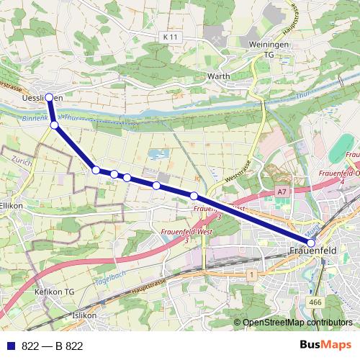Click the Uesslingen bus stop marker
click(49, 97)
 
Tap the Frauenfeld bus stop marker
click(311, 243)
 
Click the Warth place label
click(217, 75)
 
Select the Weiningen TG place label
click(269, 49)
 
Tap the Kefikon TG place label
click(55, 292)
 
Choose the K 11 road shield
click(170, 37)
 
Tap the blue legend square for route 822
click(10, 346)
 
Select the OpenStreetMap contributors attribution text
click(297, 323)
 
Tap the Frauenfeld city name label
click(311, 251)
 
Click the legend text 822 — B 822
click(53, 346)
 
